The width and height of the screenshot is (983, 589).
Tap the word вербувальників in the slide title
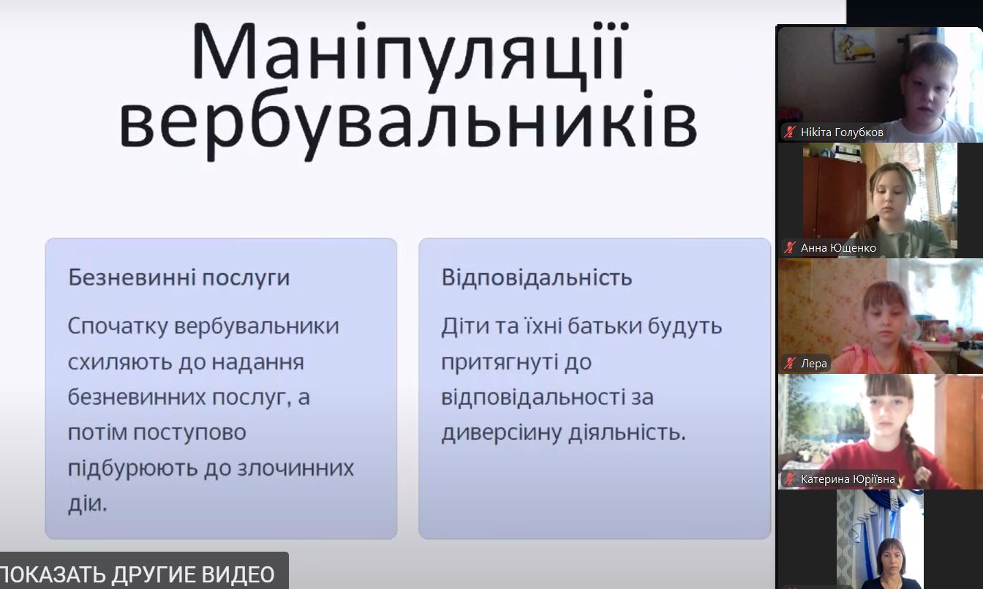pos(408,124)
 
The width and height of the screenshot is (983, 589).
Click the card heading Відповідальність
pos(537,277)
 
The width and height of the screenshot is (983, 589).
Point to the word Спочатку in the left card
pos(118,327)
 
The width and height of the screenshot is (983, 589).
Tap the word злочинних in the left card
pos(295,468)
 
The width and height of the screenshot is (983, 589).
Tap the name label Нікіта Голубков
pos(842,132)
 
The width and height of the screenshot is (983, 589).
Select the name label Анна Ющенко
pos(838,248)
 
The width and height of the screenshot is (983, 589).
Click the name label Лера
pos(813,364)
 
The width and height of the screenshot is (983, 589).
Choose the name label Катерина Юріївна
pos(848,479)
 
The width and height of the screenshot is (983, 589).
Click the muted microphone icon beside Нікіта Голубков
pos(790,132)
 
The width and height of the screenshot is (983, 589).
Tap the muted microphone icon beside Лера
pos(790,364)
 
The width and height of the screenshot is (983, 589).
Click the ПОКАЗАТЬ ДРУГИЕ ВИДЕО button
pos(138,574)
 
